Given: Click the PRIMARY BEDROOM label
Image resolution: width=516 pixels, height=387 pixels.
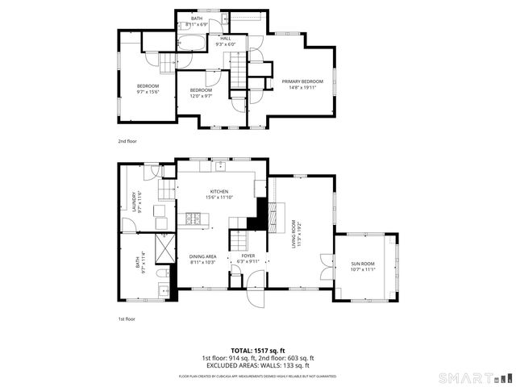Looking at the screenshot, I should [x=302, y=81].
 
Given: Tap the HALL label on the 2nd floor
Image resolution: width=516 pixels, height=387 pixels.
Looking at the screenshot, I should [x=225, y=38].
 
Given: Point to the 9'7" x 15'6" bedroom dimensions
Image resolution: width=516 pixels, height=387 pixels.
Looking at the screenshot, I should [x=148, y=91].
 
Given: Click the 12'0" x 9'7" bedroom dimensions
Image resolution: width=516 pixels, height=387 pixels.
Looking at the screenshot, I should [x=201, y=95].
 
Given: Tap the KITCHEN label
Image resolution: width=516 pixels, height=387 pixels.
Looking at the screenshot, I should [x=220, y=192].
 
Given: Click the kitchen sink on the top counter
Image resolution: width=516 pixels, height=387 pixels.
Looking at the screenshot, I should [x=218, y=167].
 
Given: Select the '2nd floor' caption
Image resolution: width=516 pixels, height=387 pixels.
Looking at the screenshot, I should [x=127, y=141].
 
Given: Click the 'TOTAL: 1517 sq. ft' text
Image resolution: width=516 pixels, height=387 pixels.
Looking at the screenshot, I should [x=257, y=351].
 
